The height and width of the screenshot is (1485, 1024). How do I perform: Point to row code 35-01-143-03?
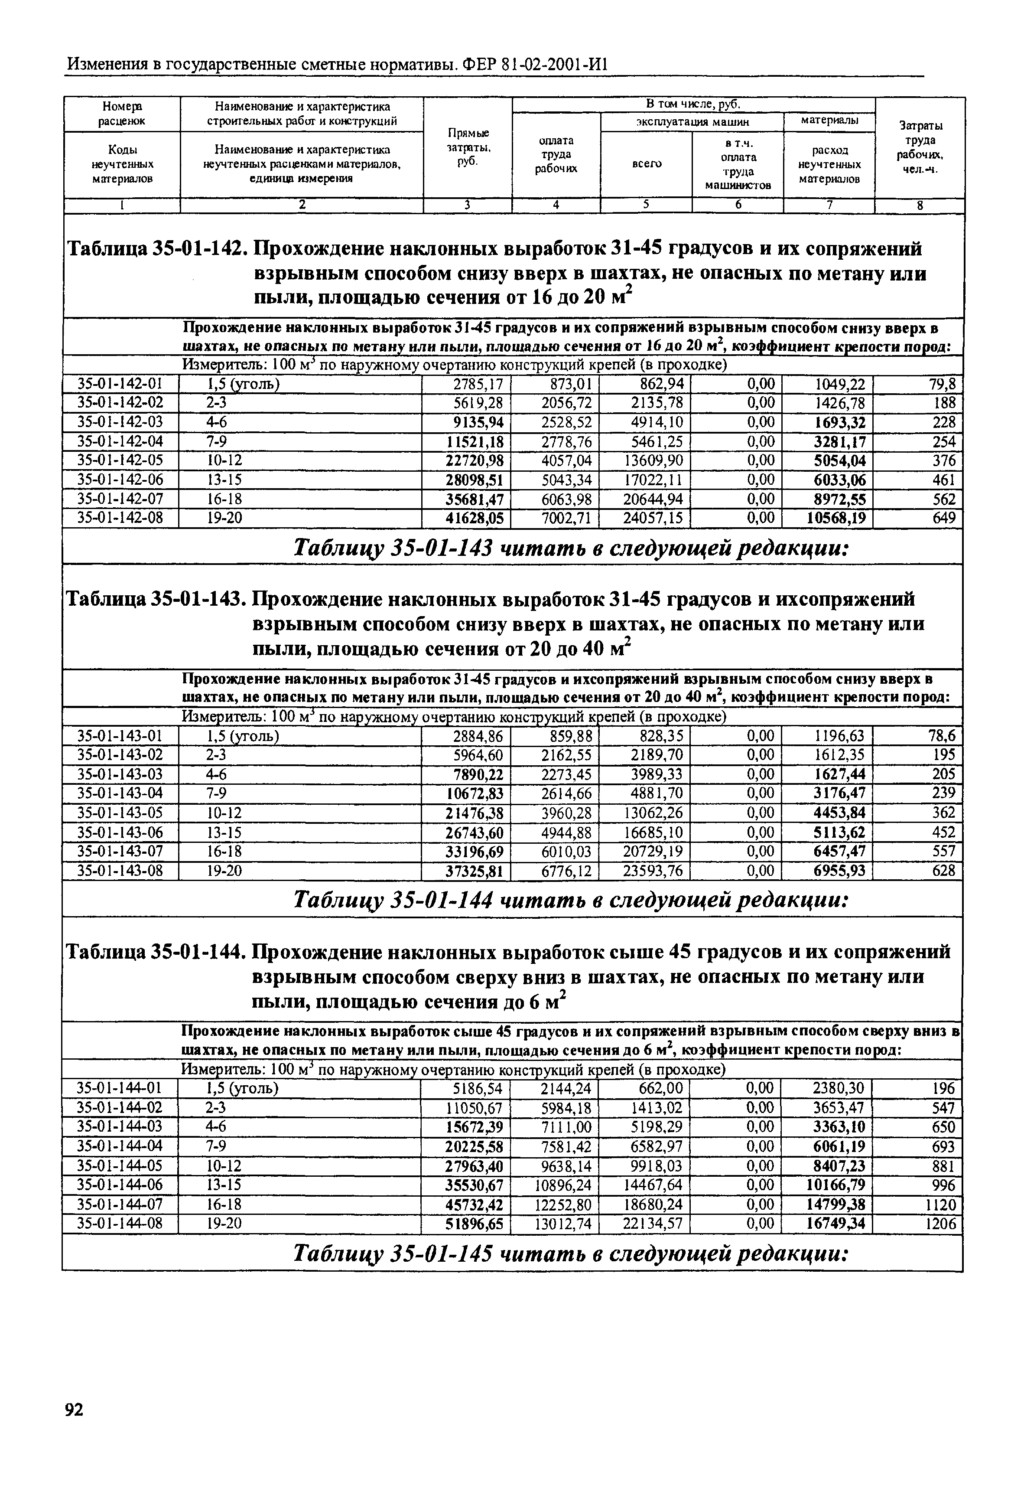click(x=120, y=774)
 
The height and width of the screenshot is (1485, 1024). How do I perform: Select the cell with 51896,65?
click(x=474, y=1224)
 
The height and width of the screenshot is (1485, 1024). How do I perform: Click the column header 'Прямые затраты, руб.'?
click(x=468, y=147)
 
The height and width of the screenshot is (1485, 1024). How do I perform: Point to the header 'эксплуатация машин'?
click(x=692, y=122)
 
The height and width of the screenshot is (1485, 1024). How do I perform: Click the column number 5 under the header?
click(x=646, y=205)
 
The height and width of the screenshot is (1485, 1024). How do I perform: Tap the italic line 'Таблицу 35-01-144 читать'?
click(x=571, y=901)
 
